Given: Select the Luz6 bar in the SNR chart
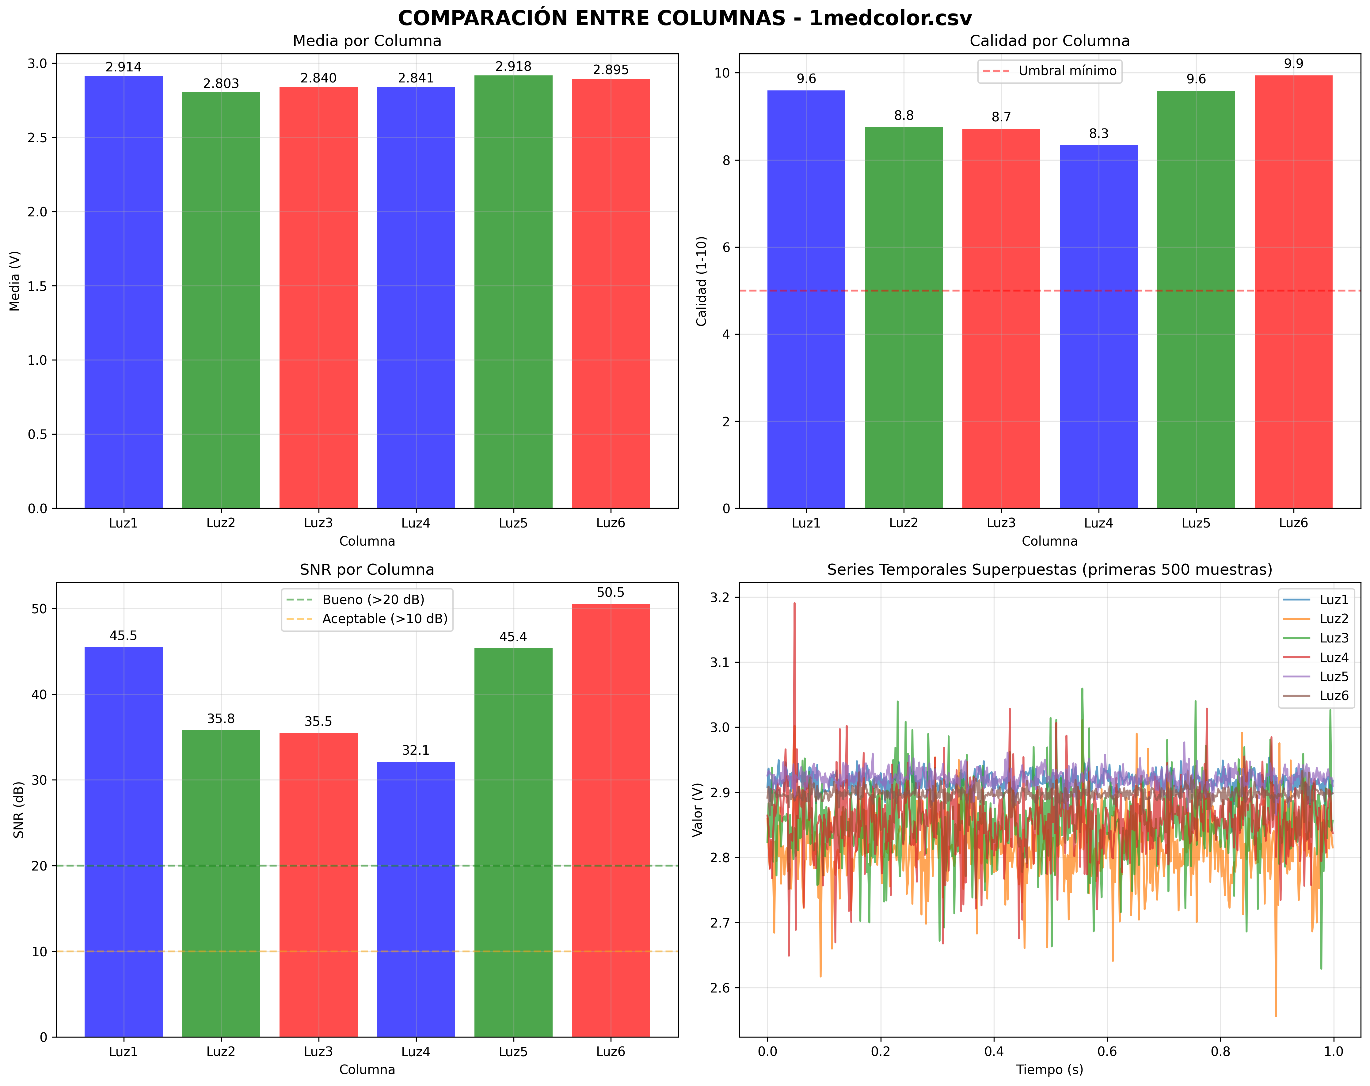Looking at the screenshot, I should [611, 820].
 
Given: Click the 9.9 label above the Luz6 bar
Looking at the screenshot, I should [1294, 63].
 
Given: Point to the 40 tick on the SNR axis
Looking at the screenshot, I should [40, 695].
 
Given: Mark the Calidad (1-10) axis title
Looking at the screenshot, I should [702, 281].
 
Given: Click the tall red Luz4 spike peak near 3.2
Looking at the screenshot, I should [794, 604].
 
